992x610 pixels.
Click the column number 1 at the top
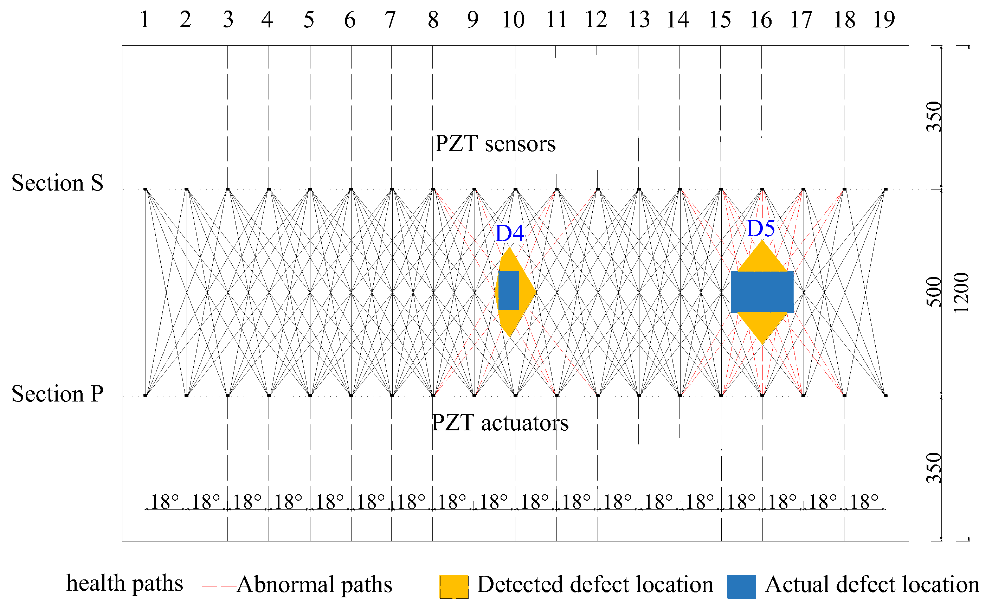[x=145, y=19]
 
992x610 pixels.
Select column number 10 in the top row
[x=513, y=19]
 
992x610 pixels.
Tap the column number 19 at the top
[x=884, y=19]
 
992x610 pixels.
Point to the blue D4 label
[x=510, y=233]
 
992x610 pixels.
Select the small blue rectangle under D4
[x=509, y=290]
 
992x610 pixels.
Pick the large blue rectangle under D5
[x=762, y=292]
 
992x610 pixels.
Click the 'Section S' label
[x=57, y=183]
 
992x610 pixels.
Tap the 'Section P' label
[x=57, y=394]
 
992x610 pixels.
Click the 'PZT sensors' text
[x=495, y=144]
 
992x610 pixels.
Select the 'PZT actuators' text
[x=500, y=423]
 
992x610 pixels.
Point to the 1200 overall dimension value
[x=961, y=293]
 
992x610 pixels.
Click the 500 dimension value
[x=934, y=292]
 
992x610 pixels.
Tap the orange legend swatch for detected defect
[x=454, y=586]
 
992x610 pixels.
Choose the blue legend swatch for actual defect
[x=741, y=586]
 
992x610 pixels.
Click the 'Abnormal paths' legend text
[x=315, y=585]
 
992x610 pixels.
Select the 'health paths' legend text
[x=124, y=583]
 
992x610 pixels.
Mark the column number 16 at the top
[x=761, y=19]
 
